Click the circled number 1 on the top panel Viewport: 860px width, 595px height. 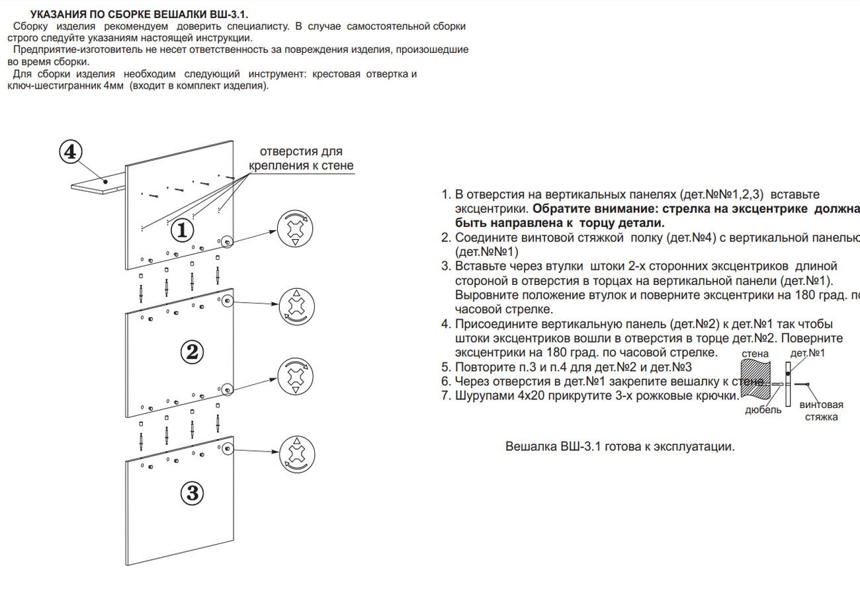click(x=182, y=230)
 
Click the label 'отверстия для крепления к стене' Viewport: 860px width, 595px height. click(x=301, y=158)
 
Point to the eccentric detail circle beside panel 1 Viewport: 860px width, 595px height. click(x=295, y=231)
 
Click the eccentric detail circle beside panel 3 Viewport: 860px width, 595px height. click(x=295, y=454)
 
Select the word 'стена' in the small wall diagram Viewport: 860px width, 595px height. click(x=755, y=354)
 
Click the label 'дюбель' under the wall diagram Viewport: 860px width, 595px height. click(x=763, y=410)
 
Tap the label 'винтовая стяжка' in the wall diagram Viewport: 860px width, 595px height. click(x=821, y=411)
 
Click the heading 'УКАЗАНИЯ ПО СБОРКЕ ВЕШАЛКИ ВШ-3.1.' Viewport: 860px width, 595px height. click(x=140, y=15)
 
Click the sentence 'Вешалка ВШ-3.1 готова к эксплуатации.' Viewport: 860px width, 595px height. click(x=620, y=446)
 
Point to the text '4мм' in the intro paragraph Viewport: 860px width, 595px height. click(x=114, y=87)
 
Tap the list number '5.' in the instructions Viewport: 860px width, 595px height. click(x=447, y=368)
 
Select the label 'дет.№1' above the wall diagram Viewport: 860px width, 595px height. click(x=808, y=354)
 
